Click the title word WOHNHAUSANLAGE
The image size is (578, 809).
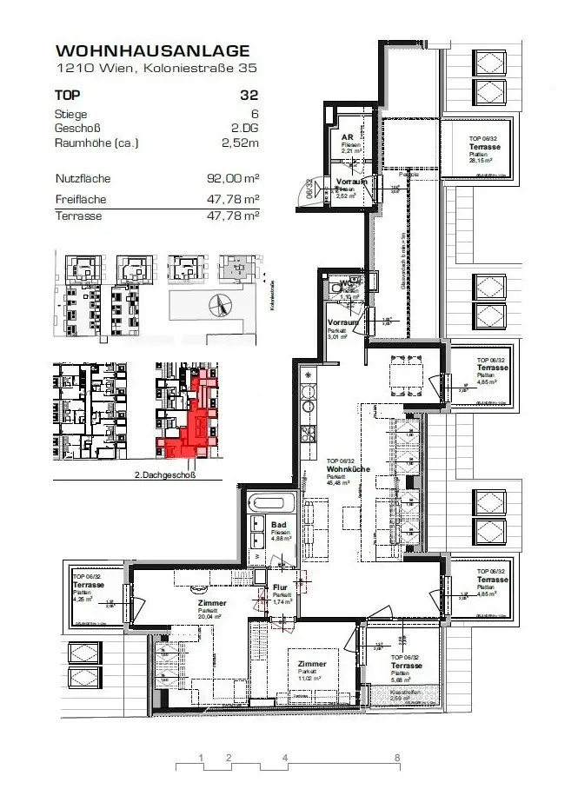152,52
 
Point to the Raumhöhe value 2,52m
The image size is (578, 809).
240,143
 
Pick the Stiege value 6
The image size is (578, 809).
255,114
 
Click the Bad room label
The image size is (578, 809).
278,526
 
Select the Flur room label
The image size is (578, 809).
279,588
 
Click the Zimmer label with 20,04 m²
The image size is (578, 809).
211,603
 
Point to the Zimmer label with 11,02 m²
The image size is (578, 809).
311,664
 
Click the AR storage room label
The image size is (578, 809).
346,137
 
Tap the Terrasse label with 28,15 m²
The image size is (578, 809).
483,149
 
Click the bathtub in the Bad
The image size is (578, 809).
275,501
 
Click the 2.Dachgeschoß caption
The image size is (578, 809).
165,475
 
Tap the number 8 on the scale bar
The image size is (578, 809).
397,758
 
